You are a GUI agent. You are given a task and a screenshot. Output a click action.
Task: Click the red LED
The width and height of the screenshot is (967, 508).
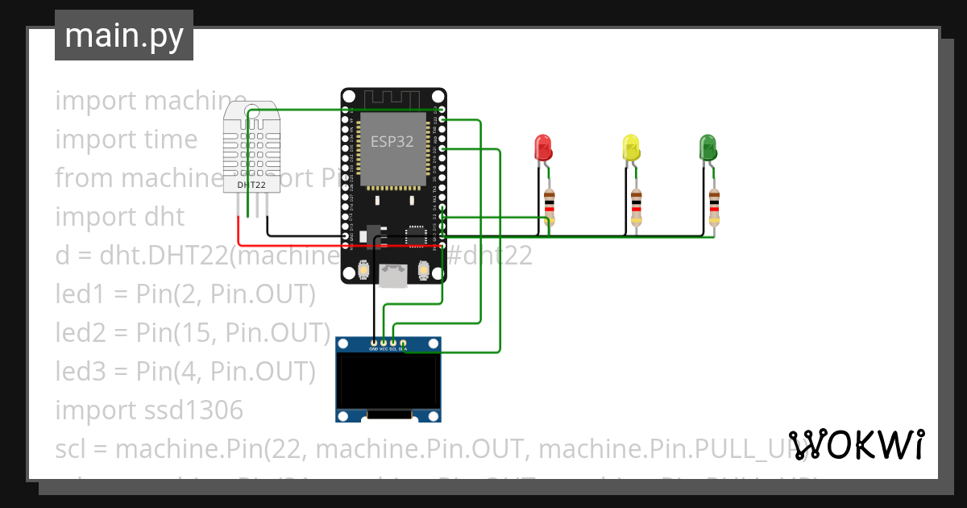pyautogui.click(x=543, y=148)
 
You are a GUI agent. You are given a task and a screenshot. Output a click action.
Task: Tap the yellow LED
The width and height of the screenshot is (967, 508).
pyautogui.click(x=631, y=148)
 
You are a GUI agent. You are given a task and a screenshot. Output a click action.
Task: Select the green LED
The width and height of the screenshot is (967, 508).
pyautogui.click(x=708, y=147)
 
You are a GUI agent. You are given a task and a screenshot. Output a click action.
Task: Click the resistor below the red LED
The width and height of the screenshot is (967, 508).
pyautogui.click(x=550, y=206)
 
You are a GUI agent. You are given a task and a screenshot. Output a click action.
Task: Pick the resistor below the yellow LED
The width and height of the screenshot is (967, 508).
pyautogui.click(x=637, y=206)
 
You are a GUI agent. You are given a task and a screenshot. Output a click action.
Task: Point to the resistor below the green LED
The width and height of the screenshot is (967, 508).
pyautogui.click(x=713, y=206)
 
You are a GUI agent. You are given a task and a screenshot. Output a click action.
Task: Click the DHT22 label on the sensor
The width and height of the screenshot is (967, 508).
pyautogui.click(x=251, y=185)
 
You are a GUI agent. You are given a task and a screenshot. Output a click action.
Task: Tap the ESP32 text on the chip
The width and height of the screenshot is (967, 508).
pyautogui.click(x=392, y=142)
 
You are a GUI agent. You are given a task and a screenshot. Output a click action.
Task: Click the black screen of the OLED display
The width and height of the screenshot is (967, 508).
pyautogui.click(x=388, y=383)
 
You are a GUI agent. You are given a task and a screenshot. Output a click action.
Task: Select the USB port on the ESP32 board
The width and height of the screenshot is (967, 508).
pyautogui.click(x=393, y=276)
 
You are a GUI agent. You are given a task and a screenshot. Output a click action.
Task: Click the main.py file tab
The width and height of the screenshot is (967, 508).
pyautogui.click(x=124, y=35)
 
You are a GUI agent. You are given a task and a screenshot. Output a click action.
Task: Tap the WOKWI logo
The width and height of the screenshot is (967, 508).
pyautogui.click(x=857, y=444)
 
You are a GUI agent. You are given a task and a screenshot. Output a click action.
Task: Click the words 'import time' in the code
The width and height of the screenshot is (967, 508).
pyautogui.click(x=126, y=139)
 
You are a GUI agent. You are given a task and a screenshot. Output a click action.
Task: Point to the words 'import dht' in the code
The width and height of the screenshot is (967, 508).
pyautogui.click(x=119, y=217)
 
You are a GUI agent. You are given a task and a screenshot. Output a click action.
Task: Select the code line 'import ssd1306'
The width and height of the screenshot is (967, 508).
pyautogui.click(x=149, y=410)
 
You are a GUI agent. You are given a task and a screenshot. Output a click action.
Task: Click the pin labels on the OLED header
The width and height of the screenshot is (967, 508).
pyautogui.click(x=388, y=349)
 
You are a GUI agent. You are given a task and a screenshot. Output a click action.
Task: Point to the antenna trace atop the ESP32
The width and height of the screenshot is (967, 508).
pyautogui.click(x=392, y=98)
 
